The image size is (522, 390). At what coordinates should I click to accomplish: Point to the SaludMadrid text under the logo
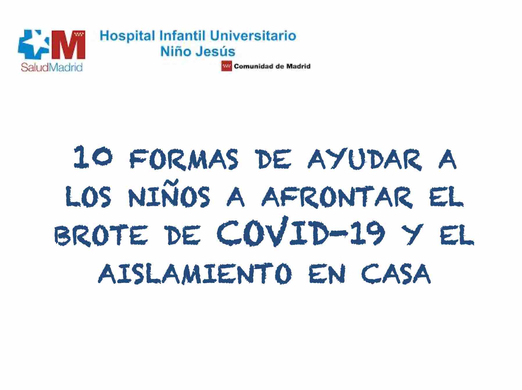[x=52, y=67]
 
